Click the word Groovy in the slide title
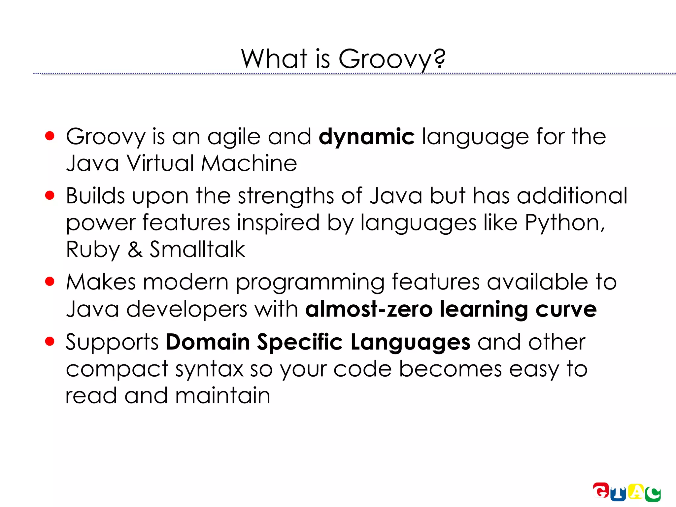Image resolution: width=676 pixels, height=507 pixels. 385,59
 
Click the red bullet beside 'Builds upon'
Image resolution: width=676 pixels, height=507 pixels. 50,195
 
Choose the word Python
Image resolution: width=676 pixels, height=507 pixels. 564,223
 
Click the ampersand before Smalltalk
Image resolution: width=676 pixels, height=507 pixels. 135,250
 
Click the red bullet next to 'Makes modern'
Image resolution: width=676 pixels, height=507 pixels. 50,282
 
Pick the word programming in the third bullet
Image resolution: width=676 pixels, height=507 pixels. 310,283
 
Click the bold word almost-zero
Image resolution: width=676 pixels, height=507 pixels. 369,309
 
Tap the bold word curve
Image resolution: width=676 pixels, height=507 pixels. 566,309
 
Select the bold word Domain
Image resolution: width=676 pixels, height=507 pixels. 208,342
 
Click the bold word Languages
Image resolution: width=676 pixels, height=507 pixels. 410,343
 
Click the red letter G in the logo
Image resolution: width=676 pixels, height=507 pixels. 601,490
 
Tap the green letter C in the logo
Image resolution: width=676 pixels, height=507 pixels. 653,494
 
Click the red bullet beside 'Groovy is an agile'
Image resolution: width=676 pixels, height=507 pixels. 50,136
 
